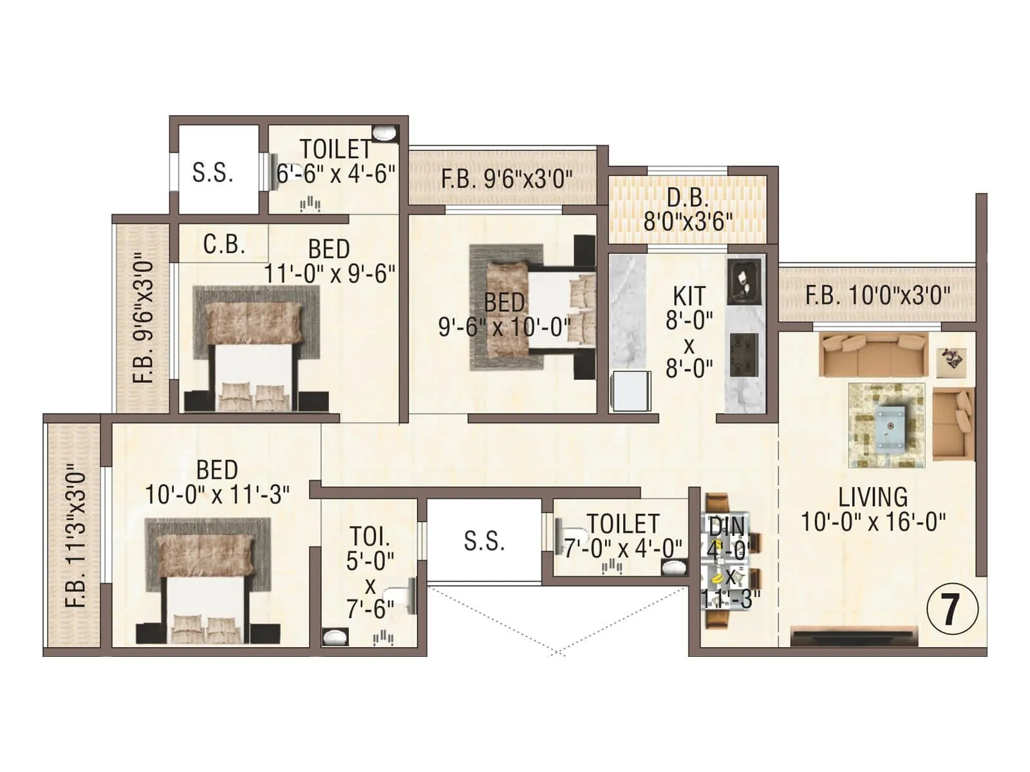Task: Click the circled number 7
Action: [951, 609]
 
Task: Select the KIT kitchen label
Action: [689, 332]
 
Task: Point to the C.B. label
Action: [224, 244]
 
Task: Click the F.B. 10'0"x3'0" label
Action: [877, 296]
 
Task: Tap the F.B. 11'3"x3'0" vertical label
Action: [76, 537]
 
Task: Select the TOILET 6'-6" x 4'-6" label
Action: [335, 161]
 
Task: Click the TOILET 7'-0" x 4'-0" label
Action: [623, 536]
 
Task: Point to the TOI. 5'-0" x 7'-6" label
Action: [370, 573]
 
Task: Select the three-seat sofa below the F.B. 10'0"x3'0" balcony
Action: [873, 354]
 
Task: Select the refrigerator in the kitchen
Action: [630, 390]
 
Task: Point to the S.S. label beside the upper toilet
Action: [212, 172]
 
